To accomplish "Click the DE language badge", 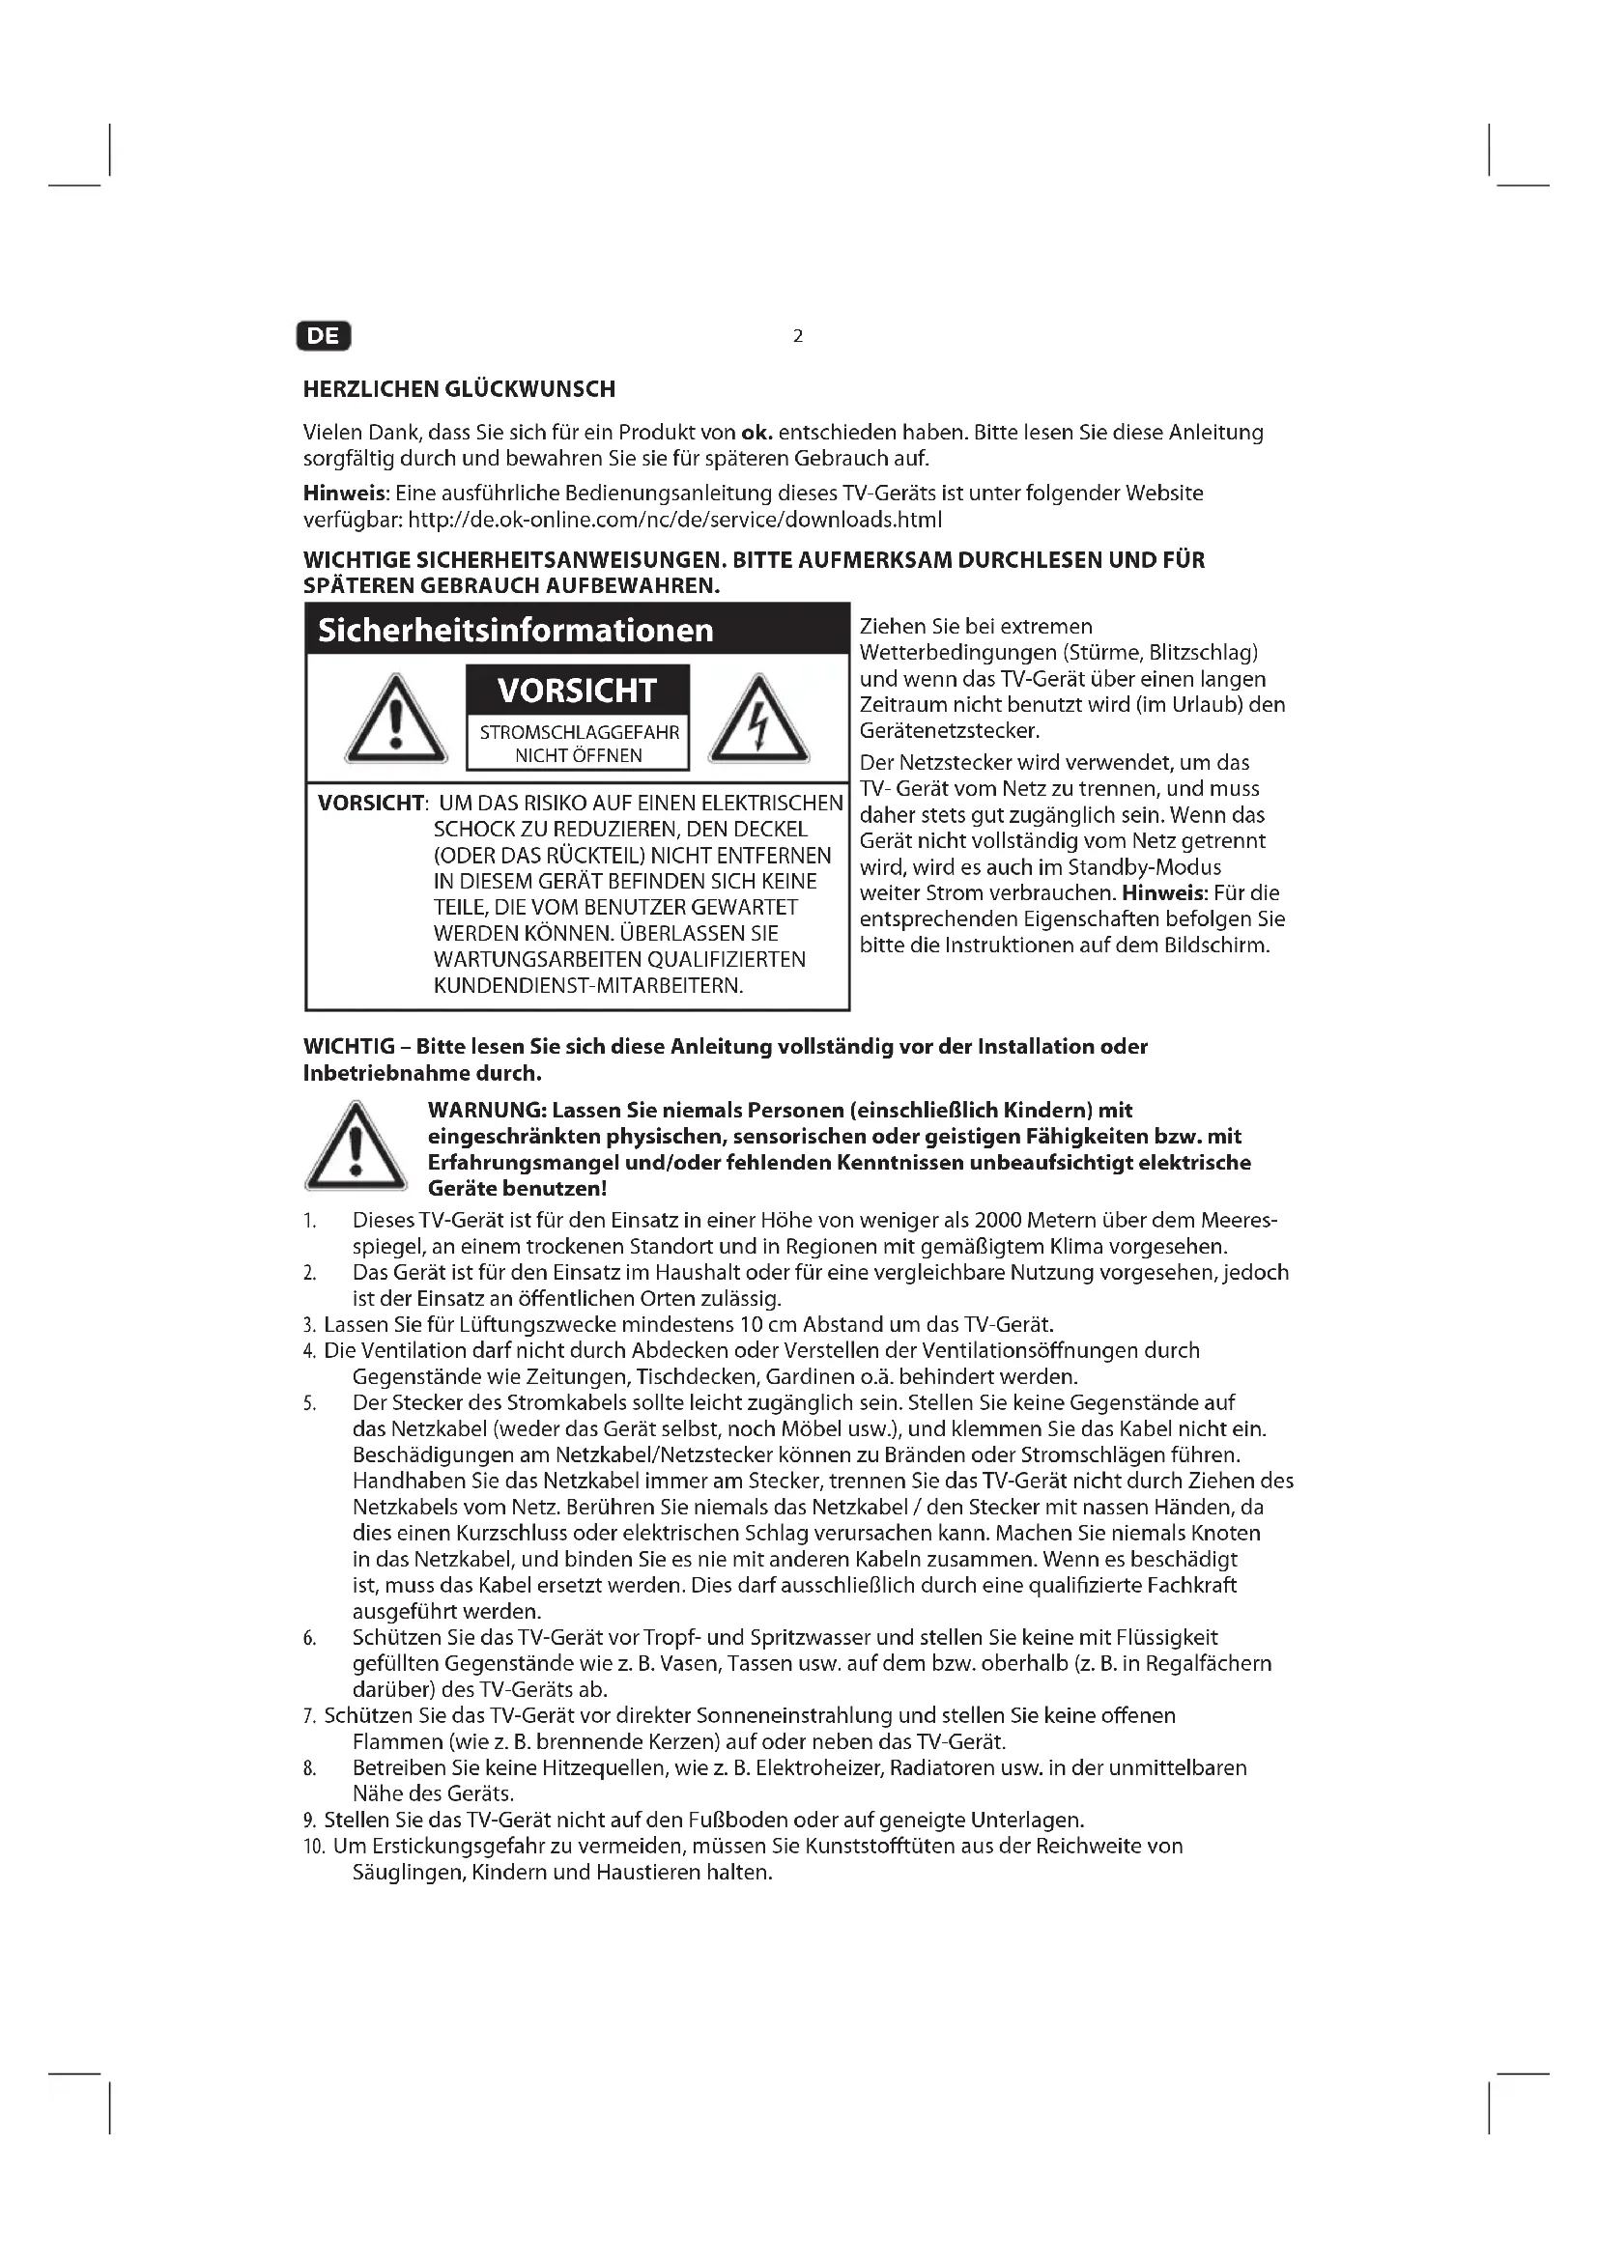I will pos(323,336).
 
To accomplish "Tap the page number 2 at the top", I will pos(798,336).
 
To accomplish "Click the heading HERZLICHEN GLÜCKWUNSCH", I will pos(459,389).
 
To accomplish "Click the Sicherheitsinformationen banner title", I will pos(515,630).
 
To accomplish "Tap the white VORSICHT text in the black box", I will pos(577,691).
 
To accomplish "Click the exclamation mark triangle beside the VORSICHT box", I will pos(395,721).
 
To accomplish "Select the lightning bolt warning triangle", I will pos(758,721).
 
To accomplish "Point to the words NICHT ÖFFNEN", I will pos(578,755).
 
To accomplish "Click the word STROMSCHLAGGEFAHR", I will pos(579,733).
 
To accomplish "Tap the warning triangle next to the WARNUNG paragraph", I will pos(356,1147).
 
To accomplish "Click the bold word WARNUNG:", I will pos(486,1111).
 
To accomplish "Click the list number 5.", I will pos(310,1404).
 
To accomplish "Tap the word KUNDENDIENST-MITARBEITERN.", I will pos(588,986).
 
